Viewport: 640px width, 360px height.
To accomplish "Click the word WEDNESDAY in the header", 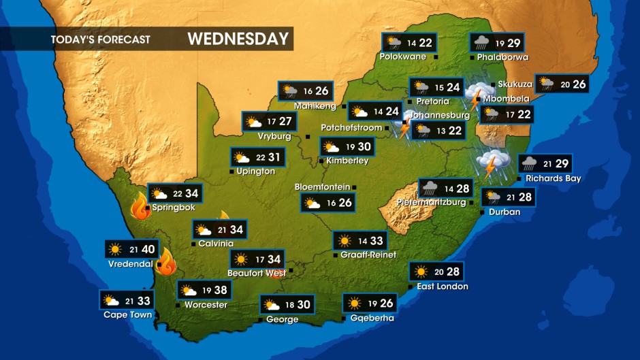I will (238, 39).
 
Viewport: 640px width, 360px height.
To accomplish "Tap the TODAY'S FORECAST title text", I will (100, 39).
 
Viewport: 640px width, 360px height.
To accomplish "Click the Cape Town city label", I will (127, 314).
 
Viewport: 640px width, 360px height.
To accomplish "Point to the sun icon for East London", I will (421, 272).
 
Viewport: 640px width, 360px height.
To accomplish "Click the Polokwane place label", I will (403, 56).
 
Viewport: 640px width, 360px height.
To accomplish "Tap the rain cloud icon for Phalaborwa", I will (481, 43).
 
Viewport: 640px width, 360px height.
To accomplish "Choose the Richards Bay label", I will (553, 178).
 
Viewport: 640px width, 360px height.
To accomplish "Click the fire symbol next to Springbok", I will (140, 207).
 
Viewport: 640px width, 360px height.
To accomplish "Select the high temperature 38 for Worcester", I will (221, 290).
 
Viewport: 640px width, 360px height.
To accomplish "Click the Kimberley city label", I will (347, 161).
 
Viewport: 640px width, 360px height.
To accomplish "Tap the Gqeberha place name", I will (372, 318).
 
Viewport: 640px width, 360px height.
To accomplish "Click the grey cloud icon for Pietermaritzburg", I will (430, 188).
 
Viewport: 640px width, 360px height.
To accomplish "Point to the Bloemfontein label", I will (322, 186).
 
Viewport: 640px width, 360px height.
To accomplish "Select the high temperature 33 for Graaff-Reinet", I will (377, 240).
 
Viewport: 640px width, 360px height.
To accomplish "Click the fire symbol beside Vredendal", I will (165, 261).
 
